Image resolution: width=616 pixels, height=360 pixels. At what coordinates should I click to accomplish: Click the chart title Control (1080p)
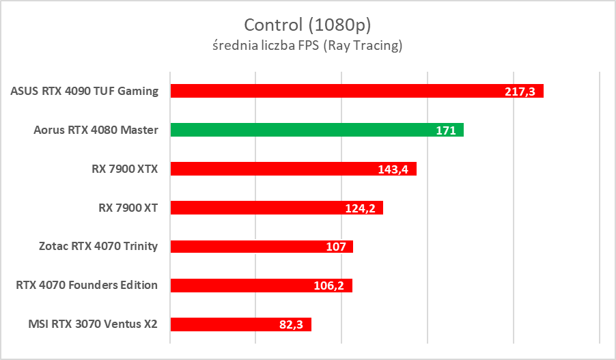coord(307,25)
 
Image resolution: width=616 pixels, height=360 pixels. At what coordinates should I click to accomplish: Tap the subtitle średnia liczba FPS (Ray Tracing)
coord(307,46)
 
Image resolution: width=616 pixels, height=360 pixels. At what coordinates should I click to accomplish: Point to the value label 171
coord(445,130)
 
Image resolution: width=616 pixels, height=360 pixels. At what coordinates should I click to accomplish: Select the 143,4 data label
coord(393,169)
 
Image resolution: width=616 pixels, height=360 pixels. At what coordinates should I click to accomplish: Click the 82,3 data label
coord(291,325)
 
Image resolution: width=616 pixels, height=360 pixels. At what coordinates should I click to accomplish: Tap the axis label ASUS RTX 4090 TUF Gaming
coord(85,91)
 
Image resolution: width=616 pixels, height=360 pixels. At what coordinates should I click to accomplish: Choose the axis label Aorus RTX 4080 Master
coord(96,130)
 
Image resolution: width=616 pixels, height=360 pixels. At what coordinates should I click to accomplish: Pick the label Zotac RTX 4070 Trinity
coord(100,247)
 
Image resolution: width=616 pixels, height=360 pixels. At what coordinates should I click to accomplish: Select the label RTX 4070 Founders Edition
coord(87,286)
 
